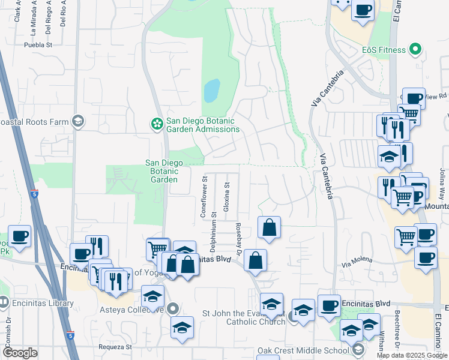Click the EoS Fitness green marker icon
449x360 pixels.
point(415,49)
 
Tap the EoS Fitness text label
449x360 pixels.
point(384,50)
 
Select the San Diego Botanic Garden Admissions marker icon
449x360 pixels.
point(157,124)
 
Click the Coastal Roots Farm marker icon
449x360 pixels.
point(77,121)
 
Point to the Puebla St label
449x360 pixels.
point(39,44)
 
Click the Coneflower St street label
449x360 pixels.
point(204,196)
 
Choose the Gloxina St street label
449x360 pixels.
point(227,196)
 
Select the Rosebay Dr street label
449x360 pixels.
point(238,238)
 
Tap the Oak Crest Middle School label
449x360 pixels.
point(303,350)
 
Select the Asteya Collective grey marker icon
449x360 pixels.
point(173,310)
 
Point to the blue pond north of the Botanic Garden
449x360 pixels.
point(211,91)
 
